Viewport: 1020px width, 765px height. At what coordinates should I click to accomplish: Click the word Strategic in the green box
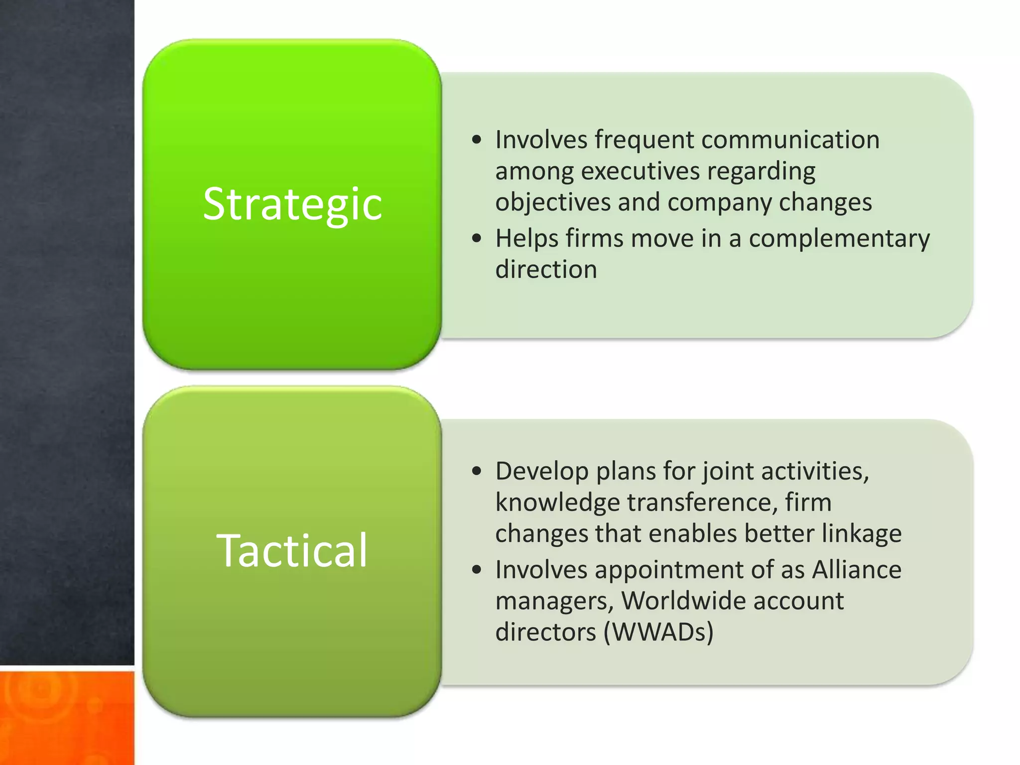[x=292, y=204]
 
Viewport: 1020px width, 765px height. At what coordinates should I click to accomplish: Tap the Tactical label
[x=292, y=550]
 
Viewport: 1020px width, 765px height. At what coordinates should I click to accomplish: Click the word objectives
[x=553, y=203]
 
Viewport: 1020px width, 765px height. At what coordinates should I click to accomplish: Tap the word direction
[x=546, y=269]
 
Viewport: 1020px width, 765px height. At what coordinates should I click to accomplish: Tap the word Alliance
[x=857, y=569]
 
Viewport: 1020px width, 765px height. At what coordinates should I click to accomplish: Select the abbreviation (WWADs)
[x=658, y=633]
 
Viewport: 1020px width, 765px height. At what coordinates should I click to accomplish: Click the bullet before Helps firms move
[x=477, y=239]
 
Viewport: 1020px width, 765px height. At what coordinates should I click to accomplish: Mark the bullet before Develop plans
[x=477, y=471]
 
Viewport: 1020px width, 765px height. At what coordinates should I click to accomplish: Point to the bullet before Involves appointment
[x=477, y=570]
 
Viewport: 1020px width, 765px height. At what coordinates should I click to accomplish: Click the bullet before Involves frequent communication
[x=477, y=140]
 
